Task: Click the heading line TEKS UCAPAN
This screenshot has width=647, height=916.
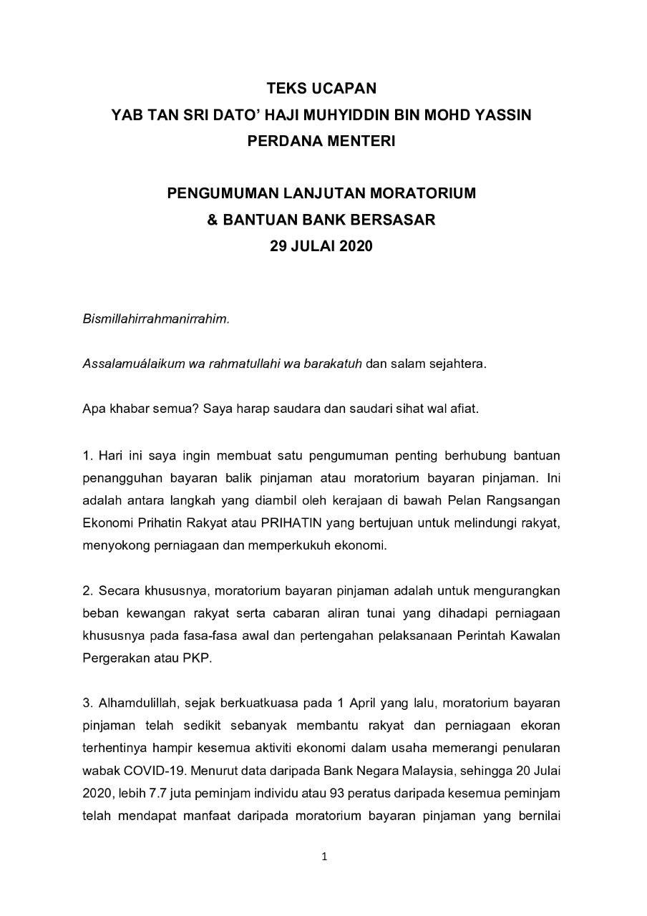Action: click(321, 89)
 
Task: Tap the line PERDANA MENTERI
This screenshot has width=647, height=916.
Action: click(321, 141)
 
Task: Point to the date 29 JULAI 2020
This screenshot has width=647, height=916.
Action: click(321, 246)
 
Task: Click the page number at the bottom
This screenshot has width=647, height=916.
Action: click(324, 857)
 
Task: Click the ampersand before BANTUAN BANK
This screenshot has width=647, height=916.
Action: click(213, 220)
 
